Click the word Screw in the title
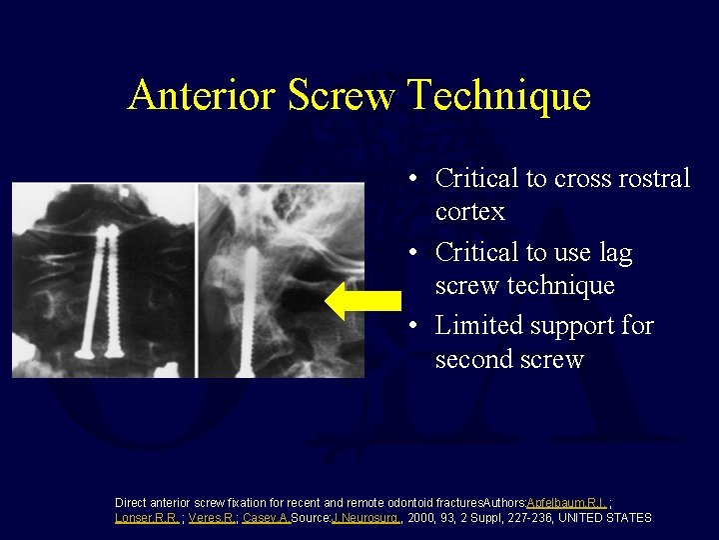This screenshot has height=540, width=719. point(340,96)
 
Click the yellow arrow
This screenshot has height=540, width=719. point(363,301)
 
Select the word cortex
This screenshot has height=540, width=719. point(470,212)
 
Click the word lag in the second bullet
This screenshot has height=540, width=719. point(613,253)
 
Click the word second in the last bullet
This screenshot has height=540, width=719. point(474,359)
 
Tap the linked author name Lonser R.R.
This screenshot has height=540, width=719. point(147,518)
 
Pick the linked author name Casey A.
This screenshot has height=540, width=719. point(265,518)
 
